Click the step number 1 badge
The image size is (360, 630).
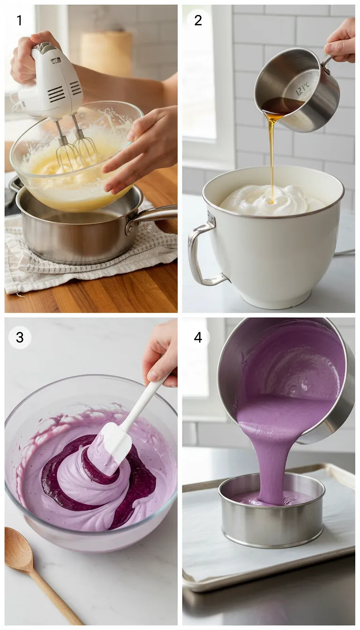(x=19, y=20)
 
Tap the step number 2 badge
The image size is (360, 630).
(x=198, y=20)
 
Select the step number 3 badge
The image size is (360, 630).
(x=19, y=337)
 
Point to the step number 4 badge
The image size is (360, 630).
(x=198, y=337)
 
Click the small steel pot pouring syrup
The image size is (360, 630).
(x=300, y=89)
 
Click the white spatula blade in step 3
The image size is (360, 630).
(x=115, y=441)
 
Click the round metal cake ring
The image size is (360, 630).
(x=272, y=525)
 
